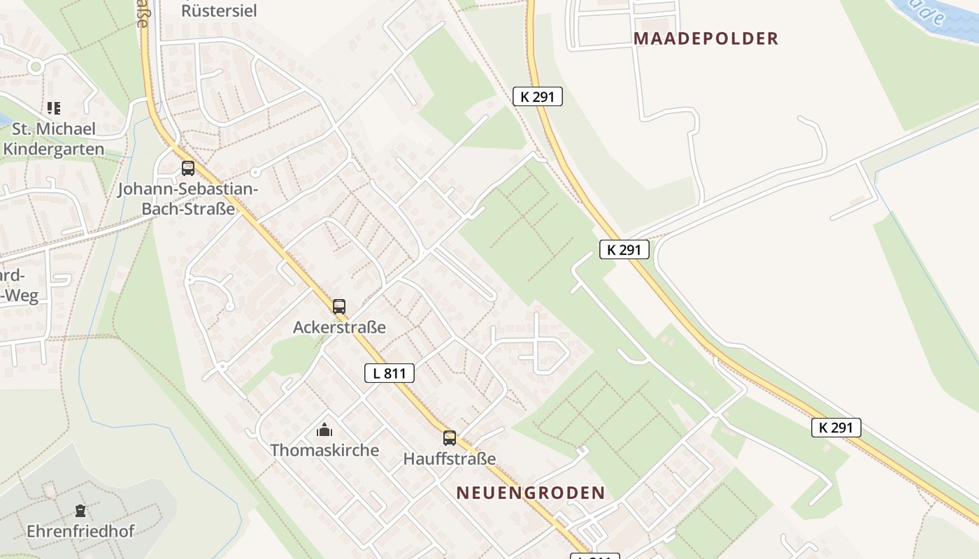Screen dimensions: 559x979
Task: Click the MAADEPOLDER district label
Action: (x=706, y=38)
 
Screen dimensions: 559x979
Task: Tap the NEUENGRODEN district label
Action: (x=530, y=493)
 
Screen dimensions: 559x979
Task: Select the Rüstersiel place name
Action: (x=219, y=10)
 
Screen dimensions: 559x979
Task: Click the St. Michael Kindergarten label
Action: (x=53, y=139)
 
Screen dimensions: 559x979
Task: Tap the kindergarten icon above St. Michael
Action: (x=54, y=108)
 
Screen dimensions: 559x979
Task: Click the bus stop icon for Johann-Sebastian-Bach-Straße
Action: (x=188, y=168)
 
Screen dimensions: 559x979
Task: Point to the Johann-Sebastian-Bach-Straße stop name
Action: (x=188, y=199)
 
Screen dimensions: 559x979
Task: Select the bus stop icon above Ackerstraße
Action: (x=339, y=307)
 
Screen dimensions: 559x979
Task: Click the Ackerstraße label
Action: (x=339, y=327)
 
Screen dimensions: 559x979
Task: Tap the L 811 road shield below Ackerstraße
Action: (x=390, y=373)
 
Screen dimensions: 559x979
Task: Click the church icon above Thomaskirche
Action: (x=324, y=430)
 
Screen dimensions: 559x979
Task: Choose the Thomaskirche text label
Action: (x=324, y=450)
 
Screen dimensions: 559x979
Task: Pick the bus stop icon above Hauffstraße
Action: (x=450, y=438)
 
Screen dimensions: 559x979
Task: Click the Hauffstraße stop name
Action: (x=450, y=459)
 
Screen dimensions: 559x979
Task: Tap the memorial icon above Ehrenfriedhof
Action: (x=80, y=511)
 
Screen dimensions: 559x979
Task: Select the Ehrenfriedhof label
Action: (x=80, y=531)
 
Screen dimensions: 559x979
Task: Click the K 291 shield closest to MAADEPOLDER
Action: (x=538, y=96)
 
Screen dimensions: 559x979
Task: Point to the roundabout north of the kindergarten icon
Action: (x=36, y=67)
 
